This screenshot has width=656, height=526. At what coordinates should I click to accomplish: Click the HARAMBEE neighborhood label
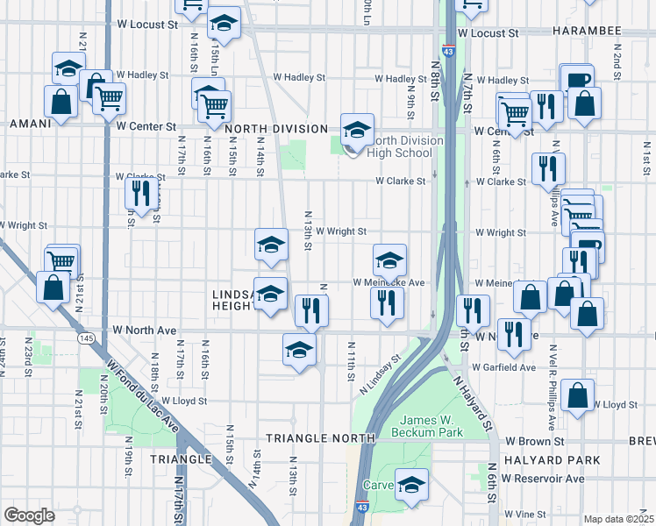pos(587,31)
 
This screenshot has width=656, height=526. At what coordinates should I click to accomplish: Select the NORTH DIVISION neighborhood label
pos(275,129)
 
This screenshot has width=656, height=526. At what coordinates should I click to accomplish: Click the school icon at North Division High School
pos(357,131)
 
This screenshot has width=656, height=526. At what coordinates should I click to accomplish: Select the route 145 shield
pos(86,338)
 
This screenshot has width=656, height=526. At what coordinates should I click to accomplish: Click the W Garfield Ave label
pos(503,367)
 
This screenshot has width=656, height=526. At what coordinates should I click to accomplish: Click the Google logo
pos(29,515)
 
